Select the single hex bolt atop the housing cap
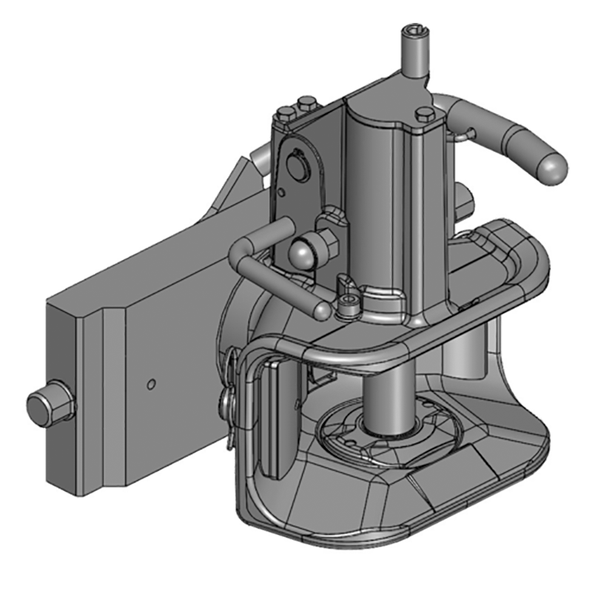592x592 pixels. pos(425,114)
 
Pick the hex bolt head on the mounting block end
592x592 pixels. pos(49,406)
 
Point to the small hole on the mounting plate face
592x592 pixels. pos(150,384)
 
